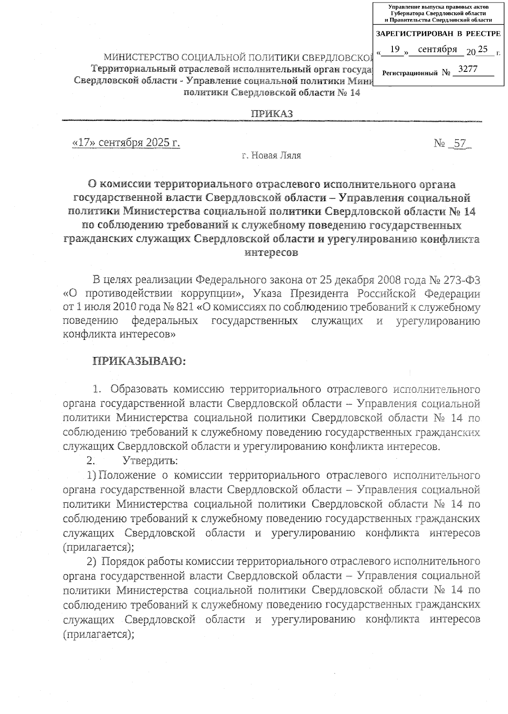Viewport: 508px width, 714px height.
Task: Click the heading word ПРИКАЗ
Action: pos(272,114)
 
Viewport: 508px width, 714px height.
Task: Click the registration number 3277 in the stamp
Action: pos(468,69)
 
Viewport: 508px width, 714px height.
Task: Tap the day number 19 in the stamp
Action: pos(395,49)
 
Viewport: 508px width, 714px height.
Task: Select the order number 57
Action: pos(459,143)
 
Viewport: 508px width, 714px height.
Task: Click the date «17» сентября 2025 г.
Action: pos(127,143)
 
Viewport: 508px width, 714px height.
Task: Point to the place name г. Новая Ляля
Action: pos(271,156)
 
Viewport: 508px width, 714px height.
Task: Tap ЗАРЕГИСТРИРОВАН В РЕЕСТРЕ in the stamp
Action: pos(438,33)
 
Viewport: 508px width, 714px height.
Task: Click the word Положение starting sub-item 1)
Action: pos(127,475)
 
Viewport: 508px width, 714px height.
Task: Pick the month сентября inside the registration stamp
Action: pos(437,49)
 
